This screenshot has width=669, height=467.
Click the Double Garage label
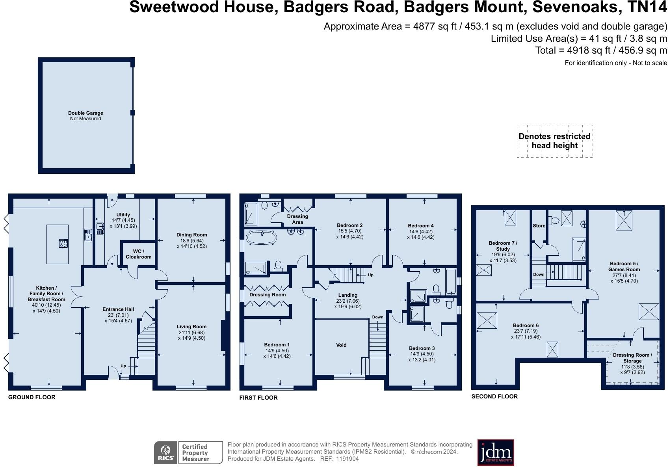[x=85, y=113]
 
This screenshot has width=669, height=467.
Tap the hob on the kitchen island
[x=63, y=243]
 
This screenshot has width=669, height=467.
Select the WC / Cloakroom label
[x=138, y=254]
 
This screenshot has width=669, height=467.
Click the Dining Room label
[x=191, y=235]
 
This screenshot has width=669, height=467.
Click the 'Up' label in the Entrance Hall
[x=123, y=366]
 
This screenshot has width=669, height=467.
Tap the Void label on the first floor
[x=341, y=345]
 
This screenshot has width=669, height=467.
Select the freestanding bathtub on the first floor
[x=261, y=238]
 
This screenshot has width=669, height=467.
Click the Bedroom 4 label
[x=421, y=226]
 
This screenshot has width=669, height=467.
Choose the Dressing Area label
[x=297, y=219]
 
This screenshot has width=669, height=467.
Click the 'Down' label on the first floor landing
[x=377, y=317]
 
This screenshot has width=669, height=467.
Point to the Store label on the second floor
[x=539, y=226]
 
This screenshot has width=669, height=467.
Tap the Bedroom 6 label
[x=526, y=326]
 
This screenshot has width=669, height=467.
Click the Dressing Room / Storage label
[x=632, y=358]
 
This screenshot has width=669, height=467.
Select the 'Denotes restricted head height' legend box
[x=554, y=141]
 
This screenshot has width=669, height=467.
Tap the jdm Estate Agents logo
[x=496, y=452]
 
